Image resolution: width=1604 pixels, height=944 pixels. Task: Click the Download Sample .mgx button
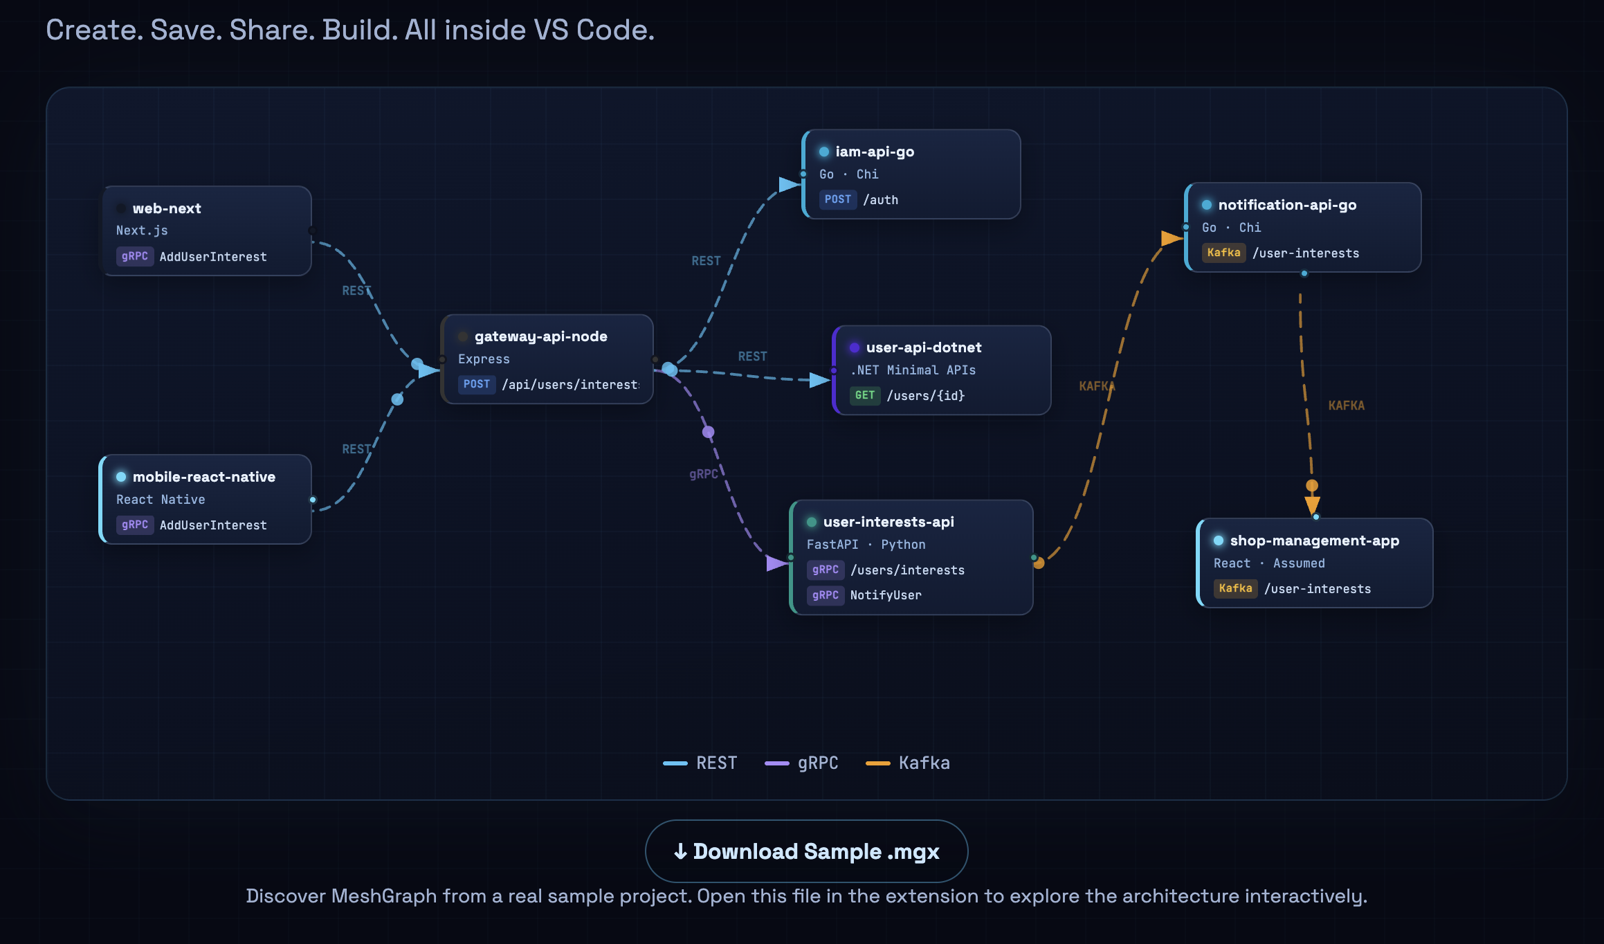click(806, 851)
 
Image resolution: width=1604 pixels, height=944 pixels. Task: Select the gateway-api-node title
click(540, 336)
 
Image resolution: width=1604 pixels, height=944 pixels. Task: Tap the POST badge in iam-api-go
click(837, 199)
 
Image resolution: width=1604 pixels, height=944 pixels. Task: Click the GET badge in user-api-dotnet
click(864, 395)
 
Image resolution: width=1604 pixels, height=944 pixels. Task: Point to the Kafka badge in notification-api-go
click(1223, 253)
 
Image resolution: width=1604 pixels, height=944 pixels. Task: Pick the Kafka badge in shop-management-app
click(1235, 588)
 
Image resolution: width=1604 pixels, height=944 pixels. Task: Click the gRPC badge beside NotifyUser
click(826, 595)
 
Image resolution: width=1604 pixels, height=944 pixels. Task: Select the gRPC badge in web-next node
click(135, 256)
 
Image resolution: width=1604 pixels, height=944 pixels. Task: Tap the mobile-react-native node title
click(203, 477)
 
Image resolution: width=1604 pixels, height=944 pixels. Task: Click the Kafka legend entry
click(908, 763)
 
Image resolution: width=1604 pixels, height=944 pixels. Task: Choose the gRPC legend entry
click(802, 763)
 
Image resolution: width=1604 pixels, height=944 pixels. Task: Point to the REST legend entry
click(700, 763)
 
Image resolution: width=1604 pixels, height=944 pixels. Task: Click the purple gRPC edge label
click(703, 474)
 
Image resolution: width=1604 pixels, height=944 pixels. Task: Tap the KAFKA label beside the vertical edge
click(1346, 406)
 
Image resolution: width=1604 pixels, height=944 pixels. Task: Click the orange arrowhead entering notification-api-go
click(1172, 239)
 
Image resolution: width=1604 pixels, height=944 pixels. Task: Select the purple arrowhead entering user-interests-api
click(776, 563)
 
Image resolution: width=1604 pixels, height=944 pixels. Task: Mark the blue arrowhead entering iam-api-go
click(789, 184)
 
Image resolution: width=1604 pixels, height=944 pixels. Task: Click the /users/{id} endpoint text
click(925, 396)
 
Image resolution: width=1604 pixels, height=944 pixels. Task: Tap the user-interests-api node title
click(888, 522)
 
